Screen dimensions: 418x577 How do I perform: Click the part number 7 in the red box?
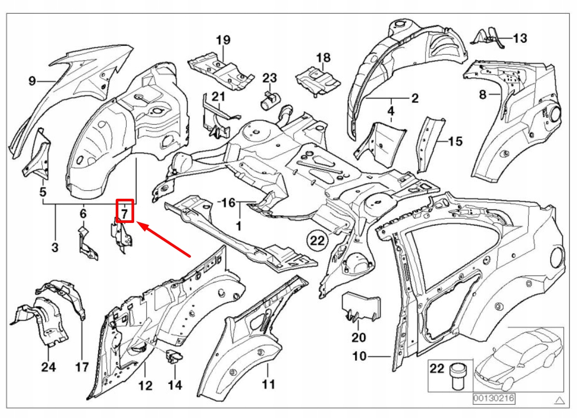pos(125,213)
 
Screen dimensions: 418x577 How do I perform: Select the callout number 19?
pos(223,40)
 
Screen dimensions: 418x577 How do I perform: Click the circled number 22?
pos(318,241)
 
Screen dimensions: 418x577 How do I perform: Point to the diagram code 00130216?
pos(493,399)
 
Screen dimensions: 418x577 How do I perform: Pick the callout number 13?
pos(520,38)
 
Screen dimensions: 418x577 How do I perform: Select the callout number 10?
pos(359,356)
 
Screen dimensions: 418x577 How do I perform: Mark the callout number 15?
pos(455,141)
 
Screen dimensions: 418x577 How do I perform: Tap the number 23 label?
pos(269,78)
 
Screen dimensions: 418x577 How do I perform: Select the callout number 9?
pos(32,81)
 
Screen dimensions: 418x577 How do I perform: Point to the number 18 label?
pos(323,57)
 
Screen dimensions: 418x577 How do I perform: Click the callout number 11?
pos(268,385)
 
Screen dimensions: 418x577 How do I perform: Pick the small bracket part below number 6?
pos(86,242)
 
